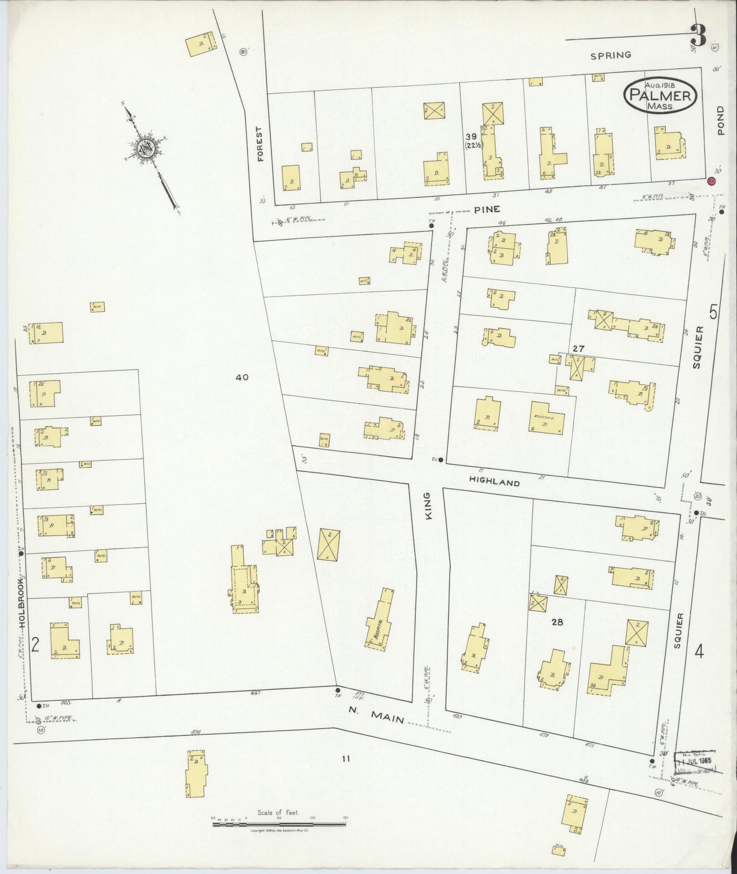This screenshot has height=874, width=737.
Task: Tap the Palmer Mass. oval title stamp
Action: pyautogui.click(x=660, y=95)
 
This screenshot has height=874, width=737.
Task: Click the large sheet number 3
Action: pyautogui.click(x=698, y=35)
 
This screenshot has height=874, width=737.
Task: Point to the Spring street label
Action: pyautogui.click(x=611, y=55)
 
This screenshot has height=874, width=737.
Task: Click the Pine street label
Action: pyautogui.click(x=487, y=209)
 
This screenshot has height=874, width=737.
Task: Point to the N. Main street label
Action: pyautogui.click(x=376, y=715)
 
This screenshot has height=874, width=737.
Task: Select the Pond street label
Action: pyautogui.click(x=720, y=120)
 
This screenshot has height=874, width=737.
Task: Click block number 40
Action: pyautogui.click(x=242, y=377)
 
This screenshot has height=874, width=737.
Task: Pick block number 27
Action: pyautogui.click(x=578, y=349)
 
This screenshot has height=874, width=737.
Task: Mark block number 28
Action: pyautogui.click(x=557, y=622)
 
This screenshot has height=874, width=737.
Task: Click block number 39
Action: pyautogui.click(x=471, y=136)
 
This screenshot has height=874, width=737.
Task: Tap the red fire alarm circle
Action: pyautogui.click(x=711, y=181)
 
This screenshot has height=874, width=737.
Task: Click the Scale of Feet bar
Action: pyautogui.click(x=279, y=824)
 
